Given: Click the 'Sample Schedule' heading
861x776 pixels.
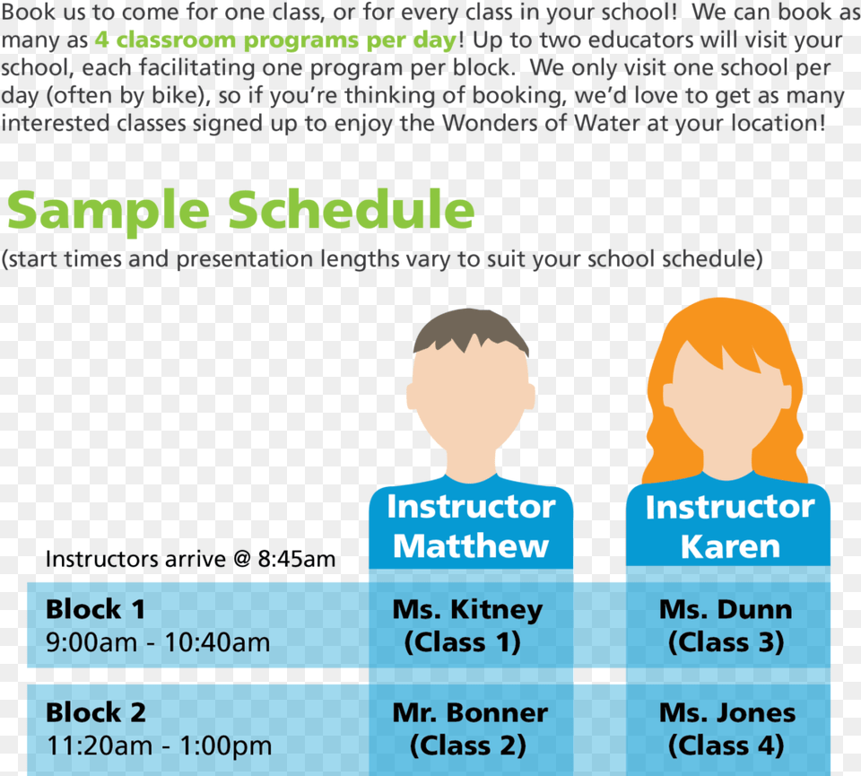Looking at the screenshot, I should pyautogui.click(x=240, y=211).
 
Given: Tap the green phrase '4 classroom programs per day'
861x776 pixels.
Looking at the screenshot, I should pyautogui.click(x=274, y=41).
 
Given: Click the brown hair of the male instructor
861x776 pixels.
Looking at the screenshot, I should pyautogui.click(x=470, y=329).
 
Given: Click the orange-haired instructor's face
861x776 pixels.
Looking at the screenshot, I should pyautogui.click(x=726, y=404).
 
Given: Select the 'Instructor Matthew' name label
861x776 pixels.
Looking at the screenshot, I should pyautogui.click(x=471, y=527).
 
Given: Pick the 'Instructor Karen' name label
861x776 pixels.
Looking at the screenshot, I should pyautogui.click(x=729, y=527).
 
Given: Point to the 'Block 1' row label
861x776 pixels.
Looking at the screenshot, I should pyautogui.click(x=95, y=610).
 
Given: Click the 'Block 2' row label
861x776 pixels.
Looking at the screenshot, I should pyautogui.click(x=95, y=713).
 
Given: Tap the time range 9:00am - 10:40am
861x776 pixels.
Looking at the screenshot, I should pyautogui.click(x=158, y=642).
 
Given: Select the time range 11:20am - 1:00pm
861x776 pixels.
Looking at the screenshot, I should pyautogui.click(x=159, y=745).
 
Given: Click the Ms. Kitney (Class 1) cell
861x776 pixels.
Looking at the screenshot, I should pyautogui.click(x=467, y=626).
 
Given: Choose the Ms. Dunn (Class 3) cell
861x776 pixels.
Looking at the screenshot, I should pyautogui.click(x=726, y=626).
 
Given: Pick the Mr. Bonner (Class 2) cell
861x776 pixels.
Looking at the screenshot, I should pyautogui.click(x=469, y=729).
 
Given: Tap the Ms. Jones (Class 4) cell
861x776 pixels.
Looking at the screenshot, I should pyautogui.click(x=726, y=729).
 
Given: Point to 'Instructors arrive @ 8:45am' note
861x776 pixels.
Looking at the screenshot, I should pyautogui.click(x=190, y=560).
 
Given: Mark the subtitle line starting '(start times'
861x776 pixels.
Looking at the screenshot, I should pyautogui.click(x=382, y=260).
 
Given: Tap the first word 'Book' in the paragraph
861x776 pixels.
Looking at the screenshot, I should pyautogui.click(x=27, y=13).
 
